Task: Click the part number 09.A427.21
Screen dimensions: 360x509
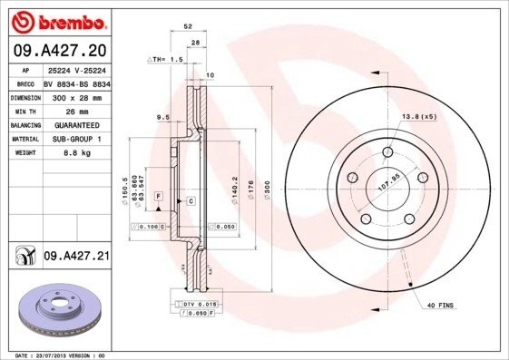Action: click(x=76, y=258)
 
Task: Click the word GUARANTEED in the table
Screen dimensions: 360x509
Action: click(x=71, y=124)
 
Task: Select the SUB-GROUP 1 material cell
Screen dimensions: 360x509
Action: click(x=71, y=139)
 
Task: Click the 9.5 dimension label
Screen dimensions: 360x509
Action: click(x=164, y=117)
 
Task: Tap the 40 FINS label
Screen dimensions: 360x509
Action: click(x=439, y=307)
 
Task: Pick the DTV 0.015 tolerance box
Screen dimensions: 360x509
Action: click(x=193, y=305)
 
